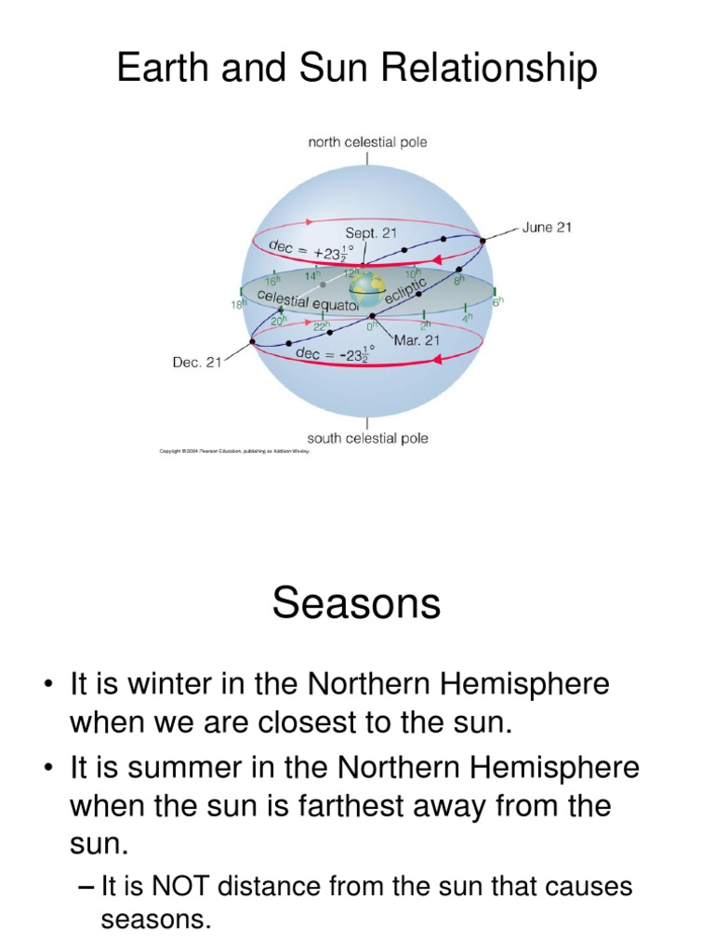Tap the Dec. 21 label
(x=196, y=363)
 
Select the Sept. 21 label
(x=372, y=233)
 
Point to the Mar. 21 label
(x=416, y=340)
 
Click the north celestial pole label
(x=367, y=142)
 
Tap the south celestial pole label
(x=367, y=438)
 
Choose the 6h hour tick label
(x=496, y=302)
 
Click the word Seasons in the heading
(x=356, y=604)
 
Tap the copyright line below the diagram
(x=234, y=453)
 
